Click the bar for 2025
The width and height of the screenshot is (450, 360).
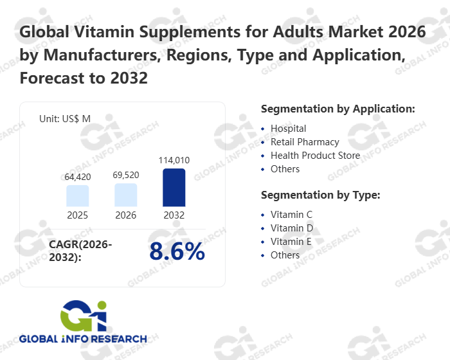pyautogui.click(x=78, y=195)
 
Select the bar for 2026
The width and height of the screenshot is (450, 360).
pyautogui.click(x=126, y=195)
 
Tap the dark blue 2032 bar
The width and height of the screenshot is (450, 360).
pyautogui.click(x=174, y=187)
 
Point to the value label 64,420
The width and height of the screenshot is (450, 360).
pyautogui.click(x=78, y=177)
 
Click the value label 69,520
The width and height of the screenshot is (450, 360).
pyautogui.click(x=126, y=175)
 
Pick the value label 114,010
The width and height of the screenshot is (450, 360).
pyautogui.click(x=174, y=160)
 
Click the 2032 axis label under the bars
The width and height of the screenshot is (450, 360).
pyautogui.click(x=174, y=215)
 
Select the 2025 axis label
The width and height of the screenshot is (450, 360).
pyautogui.click(x=78, y=215)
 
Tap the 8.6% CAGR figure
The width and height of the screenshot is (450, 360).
pyautogui.click(x=177, y=252)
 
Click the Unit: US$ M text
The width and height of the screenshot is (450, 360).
pyautogui.click(x=65, y=119)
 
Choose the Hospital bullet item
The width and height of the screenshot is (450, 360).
pyautogui.click(x=288, y=129)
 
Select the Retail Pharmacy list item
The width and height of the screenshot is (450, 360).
pyautogui.click(x=305, y=142)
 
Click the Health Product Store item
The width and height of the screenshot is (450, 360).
pyautogui.click(x=315, y=156)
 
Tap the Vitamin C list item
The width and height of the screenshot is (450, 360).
pyautogui.click(x=291, y=215)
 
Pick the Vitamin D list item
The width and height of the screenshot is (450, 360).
pyautogui.click(x=291, y=228)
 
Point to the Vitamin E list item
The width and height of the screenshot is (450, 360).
pyautogui.click(x=291, y=242)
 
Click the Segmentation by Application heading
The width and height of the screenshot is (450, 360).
pyautogui.click(x=338, y=109)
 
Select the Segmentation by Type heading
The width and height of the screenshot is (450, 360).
pyautogui.click(x=320, y=195)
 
